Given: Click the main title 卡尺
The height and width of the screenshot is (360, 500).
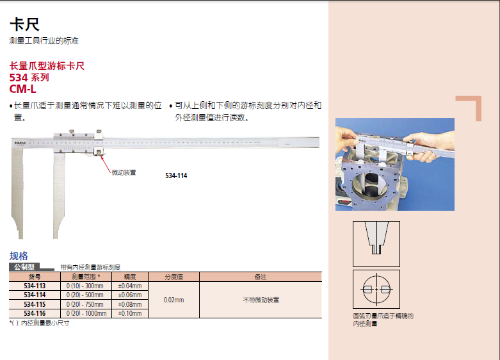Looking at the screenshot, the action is click(x=24, y=24).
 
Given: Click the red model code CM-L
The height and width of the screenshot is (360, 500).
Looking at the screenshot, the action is click(x=22, y=89).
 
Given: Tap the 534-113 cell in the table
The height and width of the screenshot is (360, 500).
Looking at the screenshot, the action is click(x=35, y=286).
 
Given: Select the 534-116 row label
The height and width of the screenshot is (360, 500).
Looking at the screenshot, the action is click(x=35, y=313).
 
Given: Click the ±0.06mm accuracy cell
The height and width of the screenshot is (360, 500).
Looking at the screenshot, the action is click(x=130, y=295).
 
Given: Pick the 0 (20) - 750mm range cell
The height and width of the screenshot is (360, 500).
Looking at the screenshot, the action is click(x=85, y=304).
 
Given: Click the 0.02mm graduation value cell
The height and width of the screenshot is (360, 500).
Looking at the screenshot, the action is click(x=173, y=300).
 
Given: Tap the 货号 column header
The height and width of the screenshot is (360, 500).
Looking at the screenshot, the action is click(x=35, y=277).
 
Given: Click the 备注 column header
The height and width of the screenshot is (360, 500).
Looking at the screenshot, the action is click(x=261, y=277).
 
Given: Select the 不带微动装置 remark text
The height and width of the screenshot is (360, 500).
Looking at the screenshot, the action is click(x=261, y=300).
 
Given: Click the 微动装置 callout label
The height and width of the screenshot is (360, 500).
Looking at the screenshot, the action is click(x=124, y=172).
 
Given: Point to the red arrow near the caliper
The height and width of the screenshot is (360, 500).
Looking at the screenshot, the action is click(x=105, y=164).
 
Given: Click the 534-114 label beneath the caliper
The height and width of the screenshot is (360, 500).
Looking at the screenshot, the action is click(x=176, y=176).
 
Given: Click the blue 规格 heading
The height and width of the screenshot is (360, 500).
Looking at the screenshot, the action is click(x=19, y=256).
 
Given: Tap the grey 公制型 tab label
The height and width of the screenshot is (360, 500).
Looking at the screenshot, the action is click(x=24, y=267).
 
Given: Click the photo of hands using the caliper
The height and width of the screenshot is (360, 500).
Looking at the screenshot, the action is click(x=395, y=165).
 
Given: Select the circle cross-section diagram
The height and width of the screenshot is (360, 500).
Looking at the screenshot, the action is click(x=376, y=289).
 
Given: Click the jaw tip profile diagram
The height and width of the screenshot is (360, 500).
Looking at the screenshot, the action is click(x=376, y=244).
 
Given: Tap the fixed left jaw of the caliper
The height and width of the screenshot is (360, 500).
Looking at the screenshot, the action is click(x=17, y=192).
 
